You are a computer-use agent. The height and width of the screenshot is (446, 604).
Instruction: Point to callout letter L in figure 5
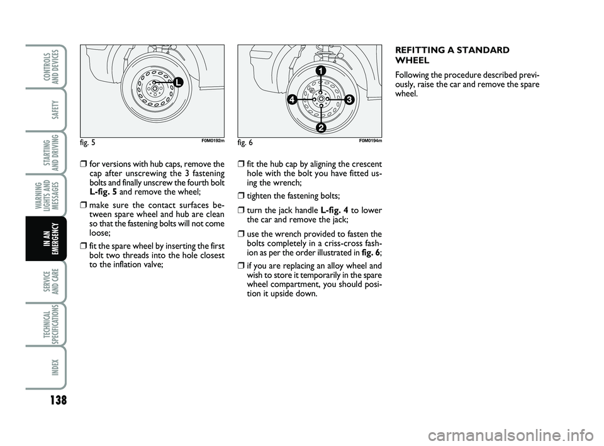(178, 82)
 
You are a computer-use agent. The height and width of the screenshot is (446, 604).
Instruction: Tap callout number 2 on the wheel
(321, 128)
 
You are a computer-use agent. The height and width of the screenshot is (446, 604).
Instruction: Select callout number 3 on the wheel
(349, 99)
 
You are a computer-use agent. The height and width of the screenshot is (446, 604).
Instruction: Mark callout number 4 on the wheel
(292, 99)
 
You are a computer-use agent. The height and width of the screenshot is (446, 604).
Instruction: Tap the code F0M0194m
(371, 142)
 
